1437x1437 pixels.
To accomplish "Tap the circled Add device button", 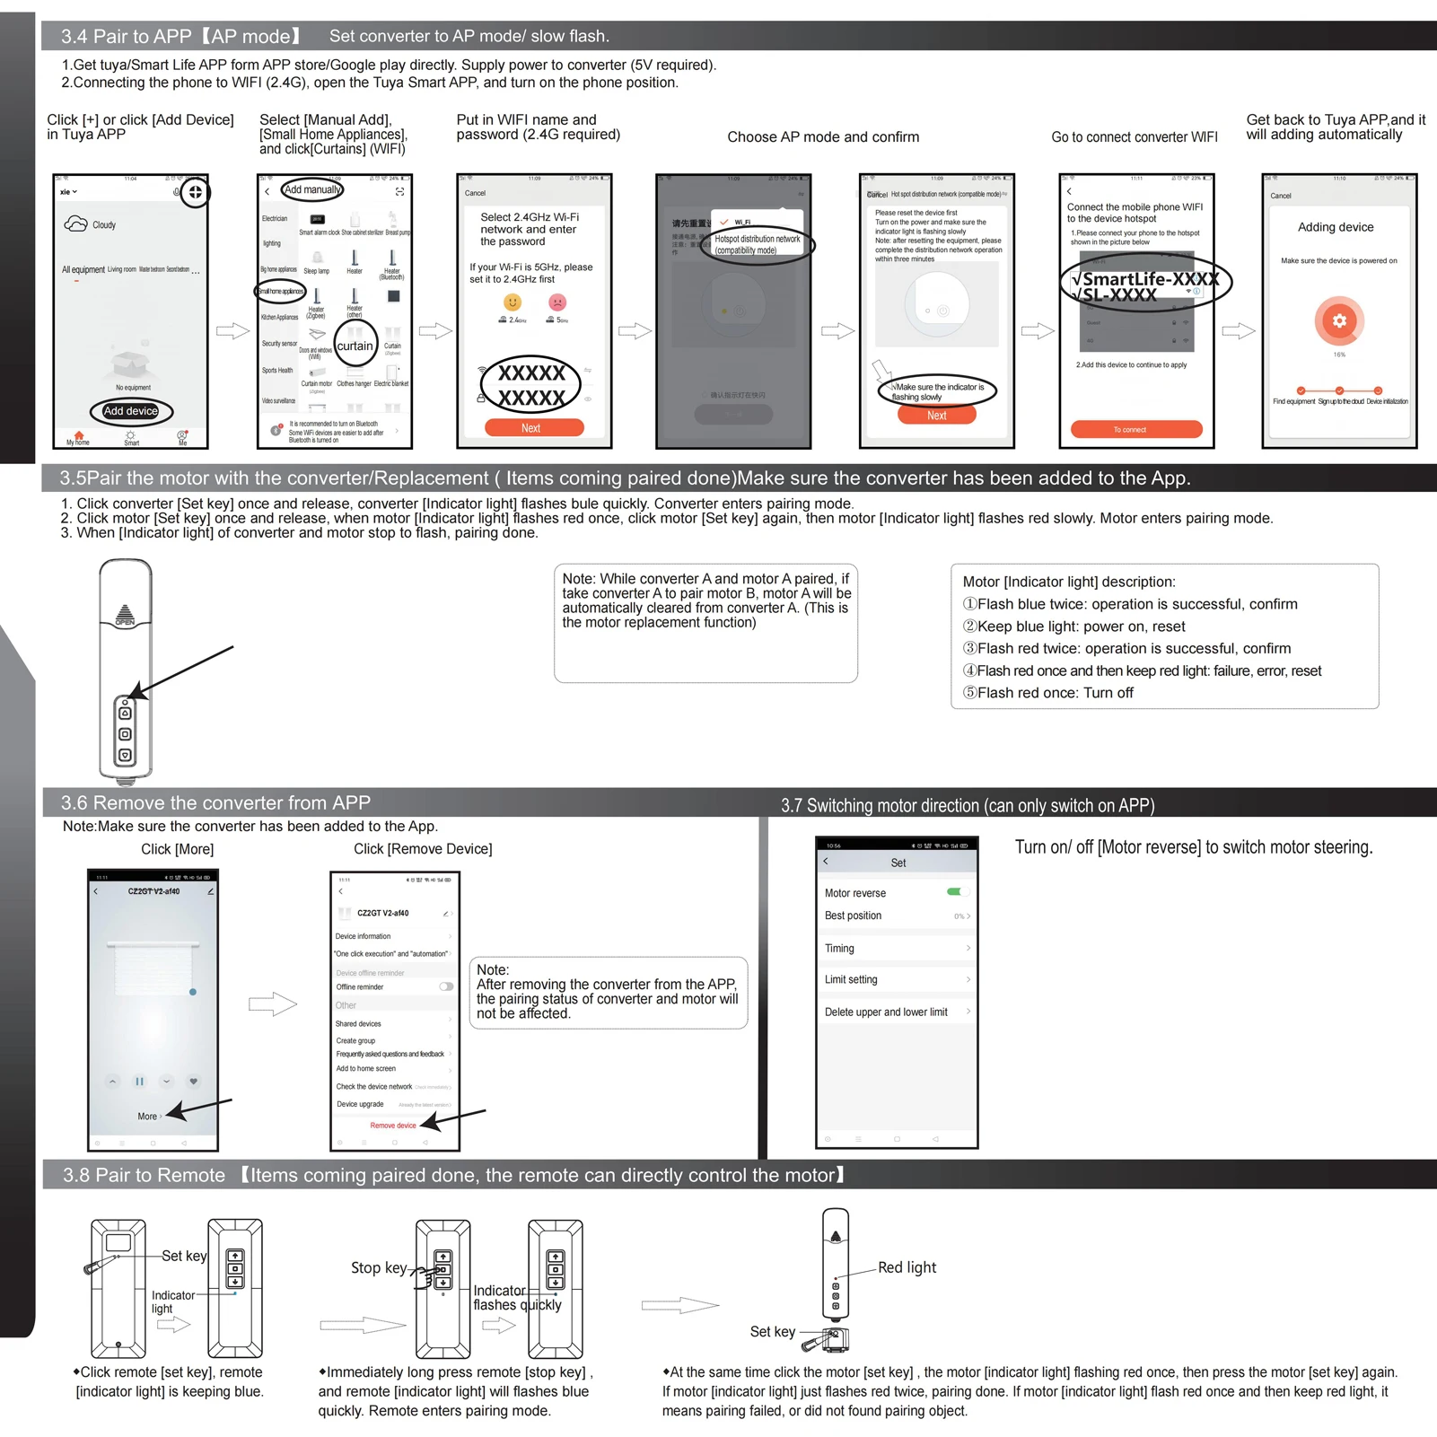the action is click(131, 411).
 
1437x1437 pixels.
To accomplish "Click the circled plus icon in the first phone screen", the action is click(195, 192).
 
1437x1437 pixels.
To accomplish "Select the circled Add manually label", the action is click(312, 189).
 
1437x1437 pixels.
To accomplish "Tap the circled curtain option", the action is click(355, 346).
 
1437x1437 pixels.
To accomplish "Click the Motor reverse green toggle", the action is click(954, 891).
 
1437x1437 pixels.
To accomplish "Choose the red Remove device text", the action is click(393, 1125).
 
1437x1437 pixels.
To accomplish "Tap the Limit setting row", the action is click(896, 979).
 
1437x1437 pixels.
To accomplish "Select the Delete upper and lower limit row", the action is click(896, 1012).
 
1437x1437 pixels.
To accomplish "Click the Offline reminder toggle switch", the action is click(446, 986).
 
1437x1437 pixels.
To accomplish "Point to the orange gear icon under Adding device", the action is click(1339, 320).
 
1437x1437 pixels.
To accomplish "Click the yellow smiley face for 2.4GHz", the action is click(513, 302).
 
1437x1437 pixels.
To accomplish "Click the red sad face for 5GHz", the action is click(557, 302).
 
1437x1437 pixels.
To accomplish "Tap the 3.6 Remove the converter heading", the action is click(215, 802).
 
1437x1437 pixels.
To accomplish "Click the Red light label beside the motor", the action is click(907, 1267).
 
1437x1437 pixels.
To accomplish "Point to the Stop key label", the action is click(379, 1267).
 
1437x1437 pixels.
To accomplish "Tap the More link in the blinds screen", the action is click(148, 1116).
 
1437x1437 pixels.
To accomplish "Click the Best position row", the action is click(896, 916).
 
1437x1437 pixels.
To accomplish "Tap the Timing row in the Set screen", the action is click(896, 948).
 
